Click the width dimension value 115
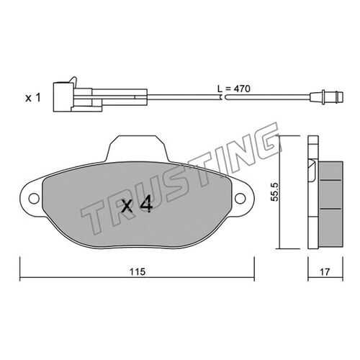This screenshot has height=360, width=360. pos(138,272)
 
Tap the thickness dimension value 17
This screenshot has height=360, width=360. pos(325,272)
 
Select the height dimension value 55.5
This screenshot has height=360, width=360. pos(274,192)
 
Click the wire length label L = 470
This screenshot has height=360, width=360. pos(234,89)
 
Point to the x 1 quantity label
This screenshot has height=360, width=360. pos(33,98)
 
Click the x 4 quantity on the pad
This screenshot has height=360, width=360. pos(137,204)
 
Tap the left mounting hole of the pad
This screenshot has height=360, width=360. pos(34,199)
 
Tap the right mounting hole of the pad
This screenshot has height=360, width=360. pos(240,199)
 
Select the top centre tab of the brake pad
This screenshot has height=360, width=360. pos(138,148)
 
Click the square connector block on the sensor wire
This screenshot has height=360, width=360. pos(63,97)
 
